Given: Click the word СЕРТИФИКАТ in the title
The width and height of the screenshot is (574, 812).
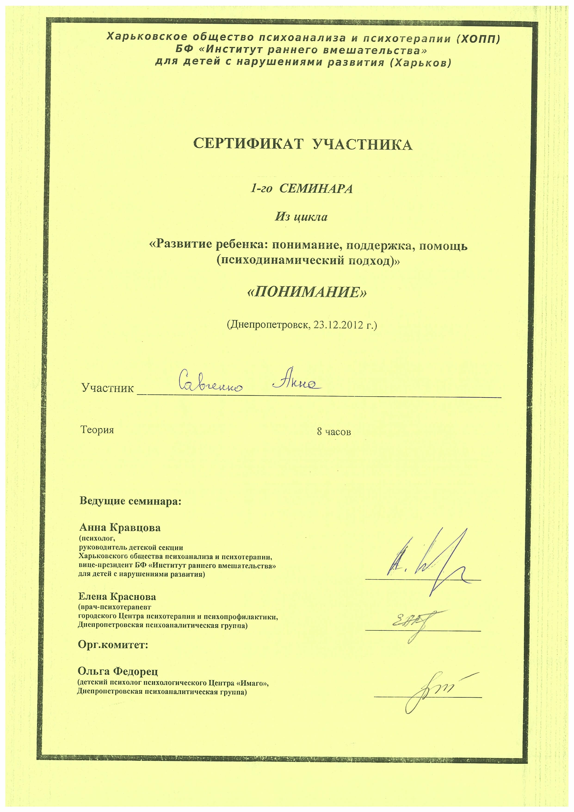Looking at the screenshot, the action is click(x=248, y=144).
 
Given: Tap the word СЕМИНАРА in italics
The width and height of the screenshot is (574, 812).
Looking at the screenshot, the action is click(x=316, y=189).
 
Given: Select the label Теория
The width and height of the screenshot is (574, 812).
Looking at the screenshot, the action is click(x=97, y=430).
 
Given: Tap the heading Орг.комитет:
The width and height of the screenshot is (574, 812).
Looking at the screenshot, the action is click(x=113, y=645).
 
